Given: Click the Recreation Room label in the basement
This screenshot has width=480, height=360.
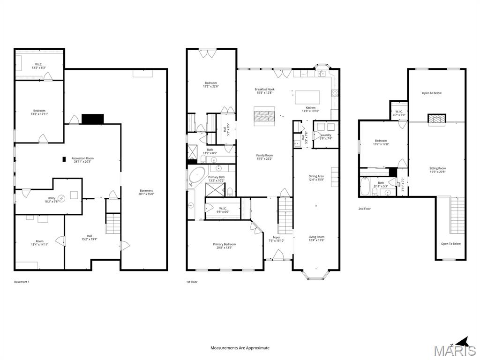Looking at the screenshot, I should tap(82, 158).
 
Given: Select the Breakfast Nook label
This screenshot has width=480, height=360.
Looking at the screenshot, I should tap(264, 89).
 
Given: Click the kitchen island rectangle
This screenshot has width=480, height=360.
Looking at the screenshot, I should tap(307, 97).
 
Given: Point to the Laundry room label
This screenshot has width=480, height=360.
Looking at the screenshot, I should tap(325, 135).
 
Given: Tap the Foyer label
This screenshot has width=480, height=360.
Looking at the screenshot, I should tap(277, 237).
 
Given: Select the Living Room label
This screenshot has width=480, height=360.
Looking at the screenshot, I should tap(316, 237).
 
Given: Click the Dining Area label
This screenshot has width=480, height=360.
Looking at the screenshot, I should tap(316, 176).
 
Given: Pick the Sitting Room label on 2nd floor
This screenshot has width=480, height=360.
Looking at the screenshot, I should tap(437, 168).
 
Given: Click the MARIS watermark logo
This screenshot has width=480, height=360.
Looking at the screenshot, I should tap(455, 351).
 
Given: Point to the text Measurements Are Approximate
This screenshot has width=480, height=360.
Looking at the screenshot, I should tap(240, 348).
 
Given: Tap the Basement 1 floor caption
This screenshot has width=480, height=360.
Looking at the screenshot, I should tap(22, 282).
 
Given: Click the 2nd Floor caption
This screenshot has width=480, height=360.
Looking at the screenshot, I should tap(364, 209).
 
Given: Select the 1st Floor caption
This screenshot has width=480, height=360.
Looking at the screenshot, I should tap(192, 282).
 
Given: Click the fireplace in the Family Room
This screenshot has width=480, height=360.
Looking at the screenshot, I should tap(264, 115).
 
